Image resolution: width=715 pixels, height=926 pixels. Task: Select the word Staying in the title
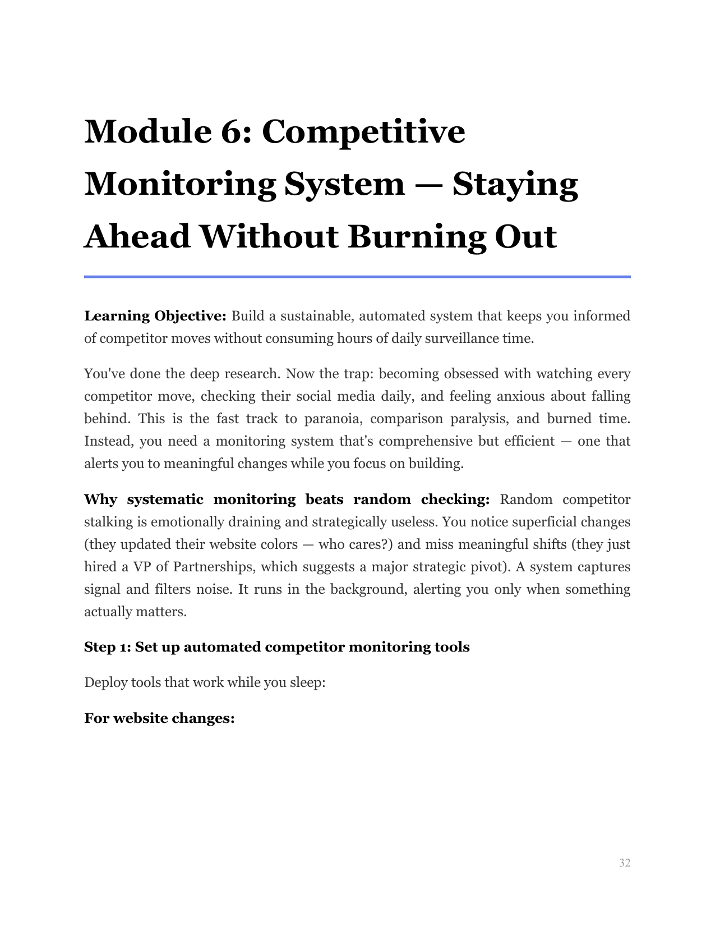point(515,185)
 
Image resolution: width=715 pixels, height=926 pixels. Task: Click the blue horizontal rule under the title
point(357,277)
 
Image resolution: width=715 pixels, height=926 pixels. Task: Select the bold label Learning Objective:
point(155,316)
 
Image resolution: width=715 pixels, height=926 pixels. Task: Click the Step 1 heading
point(276,647)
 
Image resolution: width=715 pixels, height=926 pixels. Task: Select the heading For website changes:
point(159,718)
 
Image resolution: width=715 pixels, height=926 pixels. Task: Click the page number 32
point(624,863)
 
